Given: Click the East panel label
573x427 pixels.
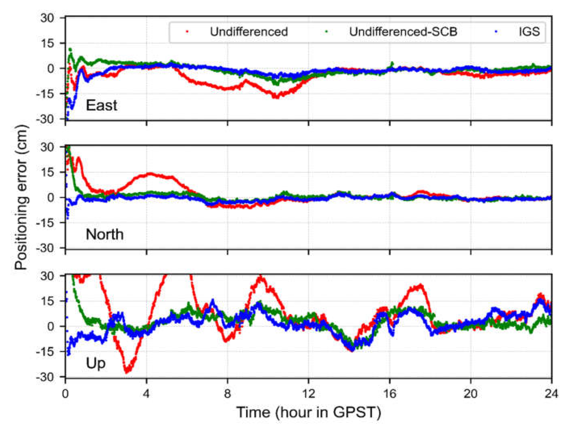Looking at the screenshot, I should pos(101,105).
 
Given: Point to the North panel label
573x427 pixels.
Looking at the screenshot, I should pos(105,234).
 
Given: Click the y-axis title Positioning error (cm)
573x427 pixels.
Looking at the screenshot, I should pos(21,198).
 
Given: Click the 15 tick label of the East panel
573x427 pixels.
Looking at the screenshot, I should pos(48,43).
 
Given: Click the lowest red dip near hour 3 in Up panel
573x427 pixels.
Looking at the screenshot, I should pos(127,372).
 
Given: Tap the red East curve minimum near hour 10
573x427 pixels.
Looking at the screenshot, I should pos(276,97).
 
